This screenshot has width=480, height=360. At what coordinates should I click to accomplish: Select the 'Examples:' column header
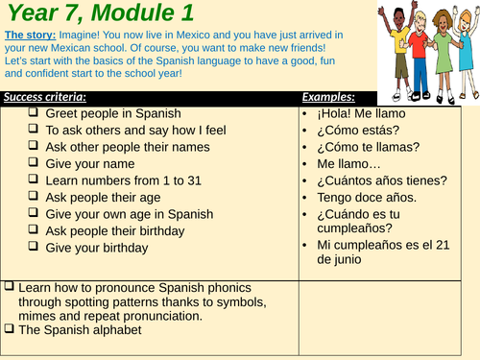point(328,97)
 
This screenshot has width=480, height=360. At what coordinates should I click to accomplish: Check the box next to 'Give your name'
point(33,164)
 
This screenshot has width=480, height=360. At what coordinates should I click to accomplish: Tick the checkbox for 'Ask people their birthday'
point(33,231)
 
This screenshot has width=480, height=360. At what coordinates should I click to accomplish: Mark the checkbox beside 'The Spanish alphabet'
point(9,330)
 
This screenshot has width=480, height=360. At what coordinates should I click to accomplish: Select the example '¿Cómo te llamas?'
point(368,148)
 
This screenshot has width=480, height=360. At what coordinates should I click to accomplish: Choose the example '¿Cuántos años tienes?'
point(381,181)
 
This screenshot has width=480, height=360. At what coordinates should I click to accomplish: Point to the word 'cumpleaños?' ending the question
point(354,228)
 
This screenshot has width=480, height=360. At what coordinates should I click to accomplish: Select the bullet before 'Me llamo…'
point(305,165)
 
